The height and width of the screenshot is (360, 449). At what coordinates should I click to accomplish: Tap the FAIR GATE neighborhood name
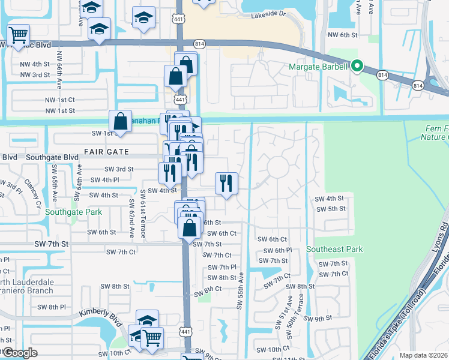click(x=106, y=153)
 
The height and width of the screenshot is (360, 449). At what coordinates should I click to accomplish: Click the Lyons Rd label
click(x=444, y=231)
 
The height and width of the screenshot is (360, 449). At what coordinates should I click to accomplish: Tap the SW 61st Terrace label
click(x=143, y=213)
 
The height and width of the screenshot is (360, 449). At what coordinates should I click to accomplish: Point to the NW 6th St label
click(x=343, y=35)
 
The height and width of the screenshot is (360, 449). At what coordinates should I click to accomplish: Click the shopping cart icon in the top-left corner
click(x=19, y=34)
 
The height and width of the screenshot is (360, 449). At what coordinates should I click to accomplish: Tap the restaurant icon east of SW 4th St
click(x=226, y=182)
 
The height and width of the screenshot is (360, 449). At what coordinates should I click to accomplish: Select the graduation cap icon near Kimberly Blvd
click(x=147, y=320)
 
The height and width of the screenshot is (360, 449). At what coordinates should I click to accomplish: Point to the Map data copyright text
click(x=423, y=355)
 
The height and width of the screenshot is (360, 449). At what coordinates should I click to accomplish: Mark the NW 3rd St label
click(x=35, y=74)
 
